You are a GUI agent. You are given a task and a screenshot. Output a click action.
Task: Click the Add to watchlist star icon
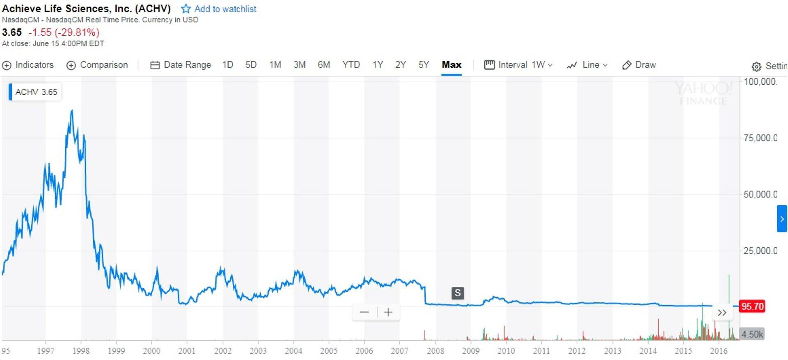pos(186,9)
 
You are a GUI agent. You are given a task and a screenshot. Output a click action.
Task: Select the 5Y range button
pos(424,65)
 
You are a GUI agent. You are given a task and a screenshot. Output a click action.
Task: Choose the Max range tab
pos(451,65)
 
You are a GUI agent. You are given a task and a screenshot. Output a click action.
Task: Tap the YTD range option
pos(351,65)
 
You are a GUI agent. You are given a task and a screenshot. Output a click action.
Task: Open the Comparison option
pos(97,65)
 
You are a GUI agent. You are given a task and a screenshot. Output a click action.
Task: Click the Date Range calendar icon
pos(155,65)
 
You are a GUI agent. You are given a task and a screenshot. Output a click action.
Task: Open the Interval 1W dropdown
pos(519,65)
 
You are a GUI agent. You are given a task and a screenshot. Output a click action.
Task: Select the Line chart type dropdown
pos(587,65)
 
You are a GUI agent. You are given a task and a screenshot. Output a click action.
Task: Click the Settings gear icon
pos(756,66)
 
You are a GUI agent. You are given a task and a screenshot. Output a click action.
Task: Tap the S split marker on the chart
pos(458,293)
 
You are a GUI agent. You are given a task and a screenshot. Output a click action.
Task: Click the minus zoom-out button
pos(364,312)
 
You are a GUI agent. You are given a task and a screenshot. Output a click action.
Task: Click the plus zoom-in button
pos(388,312)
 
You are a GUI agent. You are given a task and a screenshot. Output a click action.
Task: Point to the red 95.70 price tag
pos(752,306)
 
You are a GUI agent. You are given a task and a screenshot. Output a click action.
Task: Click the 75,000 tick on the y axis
pos(759,138)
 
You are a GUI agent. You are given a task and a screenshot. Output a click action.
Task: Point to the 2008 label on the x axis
pos(435,351)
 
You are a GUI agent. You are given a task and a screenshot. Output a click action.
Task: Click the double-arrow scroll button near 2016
pos(722,313)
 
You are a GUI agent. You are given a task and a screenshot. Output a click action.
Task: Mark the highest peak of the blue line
pos(72,110)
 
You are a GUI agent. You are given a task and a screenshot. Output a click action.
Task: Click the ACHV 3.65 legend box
pos(35,92)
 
